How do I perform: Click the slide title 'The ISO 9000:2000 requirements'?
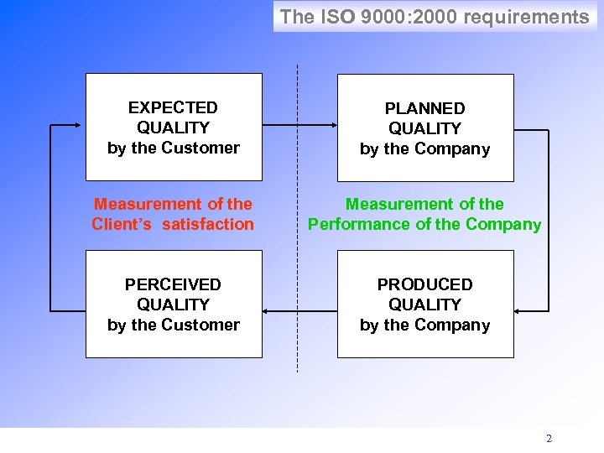tap(434, 17)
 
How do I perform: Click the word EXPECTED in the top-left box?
tap(173, 107)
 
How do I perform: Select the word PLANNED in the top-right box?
tap(424, 108)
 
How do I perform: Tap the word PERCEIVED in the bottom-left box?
tap(173, 284)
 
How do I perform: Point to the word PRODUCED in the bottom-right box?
tap(424, 284)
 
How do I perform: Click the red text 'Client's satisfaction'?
tap(173, 224)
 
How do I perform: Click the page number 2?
tap(549, 438)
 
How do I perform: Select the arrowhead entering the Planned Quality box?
tap(333, 128)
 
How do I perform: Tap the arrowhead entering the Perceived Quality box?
tap(267, 312)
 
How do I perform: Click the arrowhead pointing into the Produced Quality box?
tap(518, 312)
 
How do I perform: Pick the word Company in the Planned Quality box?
tap(457, 149)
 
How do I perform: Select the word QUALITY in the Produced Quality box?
tap(424, 305)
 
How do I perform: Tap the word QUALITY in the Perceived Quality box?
tap(173, 305)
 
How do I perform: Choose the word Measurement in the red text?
tap(137, 204)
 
